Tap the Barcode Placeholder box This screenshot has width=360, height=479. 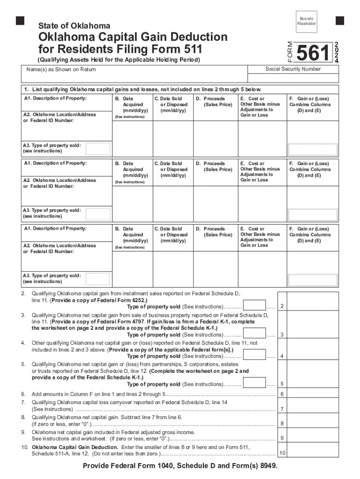[x=307, y=21]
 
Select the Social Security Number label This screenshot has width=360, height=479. [x=293, y=69]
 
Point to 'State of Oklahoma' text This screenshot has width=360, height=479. [x=74, y=26]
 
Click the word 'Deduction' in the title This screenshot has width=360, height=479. [x=195, y=37]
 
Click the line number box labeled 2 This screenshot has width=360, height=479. [x=282, y=306]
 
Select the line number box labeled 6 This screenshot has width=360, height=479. [x=282, y=394]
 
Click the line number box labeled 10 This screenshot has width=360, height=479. [x=282, y=453]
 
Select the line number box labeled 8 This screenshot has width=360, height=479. [x=282, y=424]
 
